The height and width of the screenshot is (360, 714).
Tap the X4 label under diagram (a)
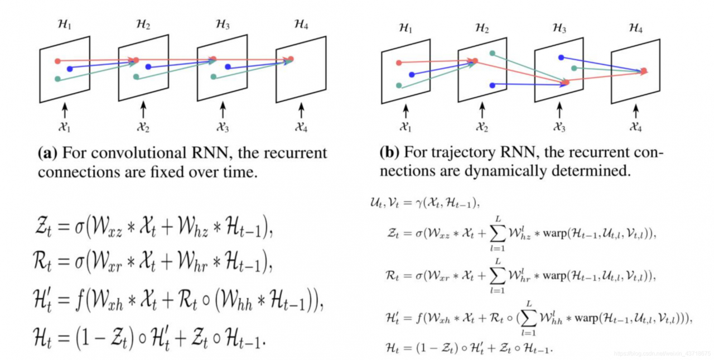[x=302, y=128]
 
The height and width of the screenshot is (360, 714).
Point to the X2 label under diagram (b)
[x=482, y=128]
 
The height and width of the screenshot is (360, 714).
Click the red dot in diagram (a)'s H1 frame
[x=57, y=61]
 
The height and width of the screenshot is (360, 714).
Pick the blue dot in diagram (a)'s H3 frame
[x=228, y=67]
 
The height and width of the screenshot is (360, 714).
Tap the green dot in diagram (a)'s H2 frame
[x=136, y=77]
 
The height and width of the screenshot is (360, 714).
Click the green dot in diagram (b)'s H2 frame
[x=492, y=53]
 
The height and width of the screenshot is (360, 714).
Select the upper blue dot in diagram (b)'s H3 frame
[x=561, y=57]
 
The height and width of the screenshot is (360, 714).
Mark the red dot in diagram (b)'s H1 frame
[x=399, y=63]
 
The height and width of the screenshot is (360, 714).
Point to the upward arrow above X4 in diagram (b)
[x=635, y=109]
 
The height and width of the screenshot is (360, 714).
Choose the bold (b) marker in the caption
[x=389, y=152]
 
